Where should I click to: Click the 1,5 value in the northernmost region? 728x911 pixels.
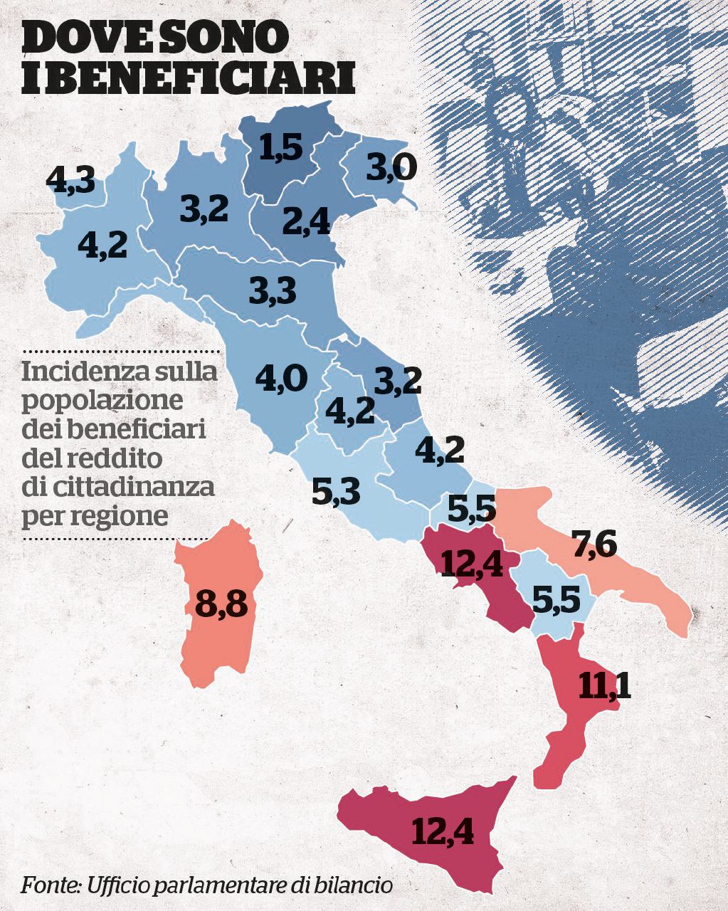pos(281,147)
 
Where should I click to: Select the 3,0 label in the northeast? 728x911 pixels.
pos(391,168)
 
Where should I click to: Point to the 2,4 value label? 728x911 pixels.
pos(306,222)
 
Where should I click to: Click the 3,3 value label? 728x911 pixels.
pos(273,290)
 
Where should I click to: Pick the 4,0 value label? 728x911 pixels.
pos(281,377)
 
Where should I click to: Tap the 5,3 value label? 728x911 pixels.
pos(337,491)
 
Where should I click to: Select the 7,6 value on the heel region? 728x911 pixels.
pos(594,544)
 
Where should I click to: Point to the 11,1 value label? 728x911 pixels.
pos(604,685)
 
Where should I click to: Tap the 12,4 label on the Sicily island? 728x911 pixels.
pos(442,831)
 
